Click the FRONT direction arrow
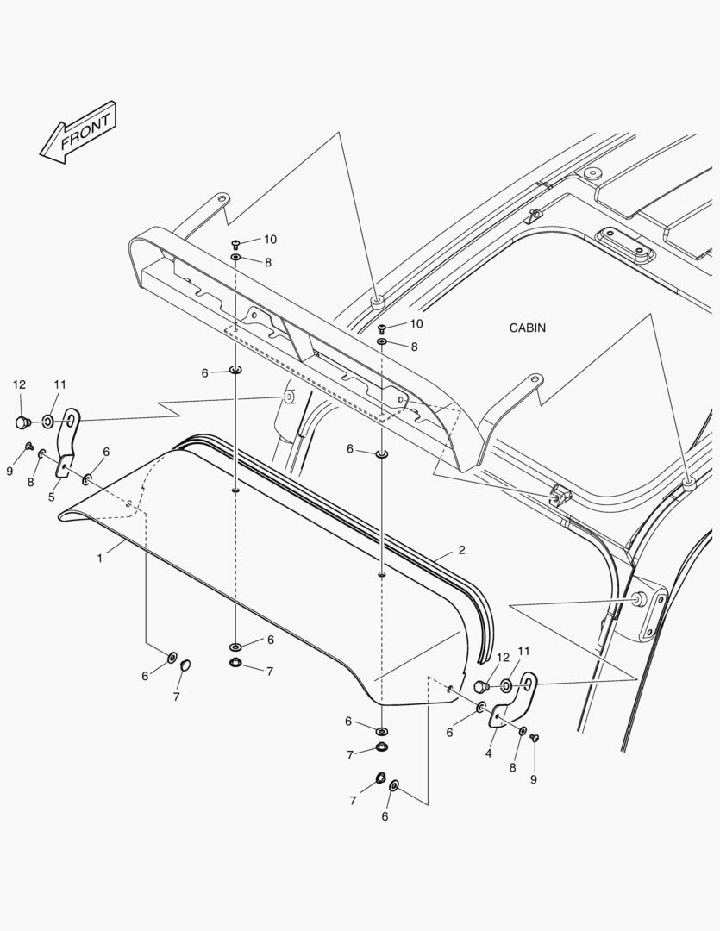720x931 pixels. [x=78, y=131]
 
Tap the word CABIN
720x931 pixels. [x=527, y=328]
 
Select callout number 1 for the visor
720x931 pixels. [x=100, y=558]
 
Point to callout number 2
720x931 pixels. [x=461, y=550]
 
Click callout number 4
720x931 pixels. [x=488, y=753]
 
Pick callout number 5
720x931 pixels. [x=51, y=497]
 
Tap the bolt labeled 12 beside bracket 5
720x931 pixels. [x=22, y=422]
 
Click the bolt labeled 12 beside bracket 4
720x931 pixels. [x=482, y=687]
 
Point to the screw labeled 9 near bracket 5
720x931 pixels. [x=28, y=447]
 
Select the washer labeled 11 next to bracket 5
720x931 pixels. [x=47, y=422]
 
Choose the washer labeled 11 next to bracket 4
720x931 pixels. [x=505, y=686]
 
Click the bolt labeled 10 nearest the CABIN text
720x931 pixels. [x=382, y=328]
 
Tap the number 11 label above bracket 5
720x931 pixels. [x=59, y=384]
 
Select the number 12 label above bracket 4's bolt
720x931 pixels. [x=503, y=657]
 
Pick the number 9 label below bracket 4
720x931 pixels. [x=533, y=779]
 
